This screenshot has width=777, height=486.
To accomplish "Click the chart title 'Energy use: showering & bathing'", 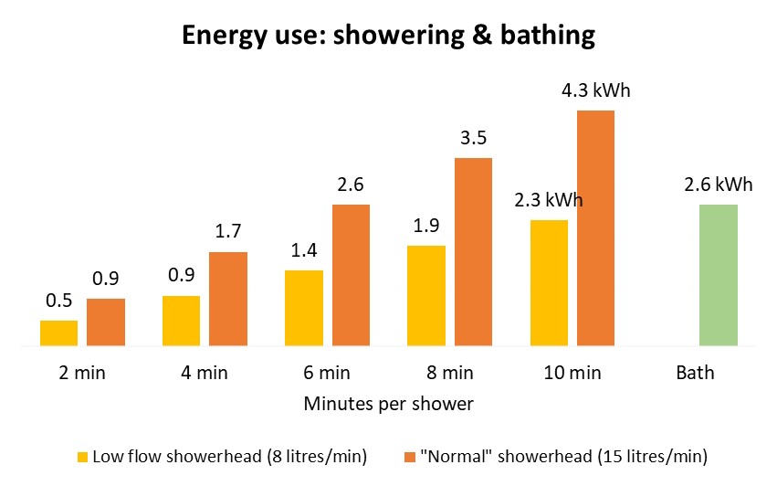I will [388, 36].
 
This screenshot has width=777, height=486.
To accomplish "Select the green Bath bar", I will [718, 275].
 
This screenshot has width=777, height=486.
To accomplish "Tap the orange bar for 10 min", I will [595, 228].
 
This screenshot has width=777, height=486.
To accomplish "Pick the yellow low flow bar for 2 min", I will [58, 333].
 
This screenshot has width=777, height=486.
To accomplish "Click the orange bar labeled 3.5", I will [473, 252].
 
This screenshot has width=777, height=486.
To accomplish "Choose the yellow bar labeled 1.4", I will [304, 308].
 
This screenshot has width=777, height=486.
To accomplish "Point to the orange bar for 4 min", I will [228, 299].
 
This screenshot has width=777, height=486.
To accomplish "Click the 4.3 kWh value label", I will [595, 91].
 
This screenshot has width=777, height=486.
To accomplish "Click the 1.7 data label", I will [228, 234].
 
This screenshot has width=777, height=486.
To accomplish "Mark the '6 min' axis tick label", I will [327, 373].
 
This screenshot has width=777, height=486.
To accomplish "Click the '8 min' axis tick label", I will [449, 373].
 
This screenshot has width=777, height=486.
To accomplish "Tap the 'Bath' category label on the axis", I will [695, 373].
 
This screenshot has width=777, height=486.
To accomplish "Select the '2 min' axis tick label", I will [82, 373].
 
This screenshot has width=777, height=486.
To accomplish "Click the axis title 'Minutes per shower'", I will [388, 404].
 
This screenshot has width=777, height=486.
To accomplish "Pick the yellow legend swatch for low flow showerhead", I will [83, 455].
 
